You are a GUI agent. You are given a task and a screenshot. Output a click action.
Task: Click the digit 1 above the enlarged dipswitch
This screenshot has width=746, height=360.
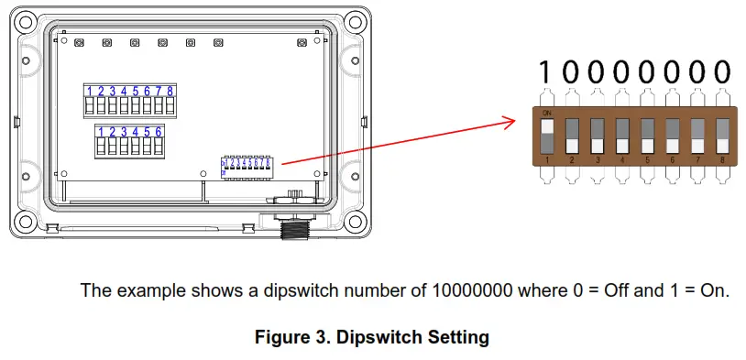pyautogui.click(x=546, y=72)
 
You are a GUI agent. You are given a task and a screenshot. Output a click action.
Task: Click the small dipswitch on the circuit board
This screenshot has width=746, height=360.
pyautogui.click(x=247, y=166)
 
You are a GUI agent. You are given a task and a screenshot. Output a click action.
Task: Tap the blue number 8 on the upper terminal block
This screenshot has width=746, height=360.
pyautogui.click(x=170, y=91)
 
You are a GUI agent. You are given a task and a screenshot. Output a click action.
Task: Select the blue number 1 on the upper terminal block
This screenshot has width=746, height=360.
pyautogui.click(x=90, y=91)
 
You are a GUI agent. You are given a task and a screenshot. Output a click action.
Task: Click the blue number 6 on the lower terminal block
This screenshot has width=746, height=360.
pyautogui.click(x=159, y=132)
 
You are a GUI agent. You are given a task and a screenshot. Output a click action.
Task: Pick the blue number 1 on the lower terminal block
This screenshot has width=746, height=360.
pyautogui.click(x=101, y=132)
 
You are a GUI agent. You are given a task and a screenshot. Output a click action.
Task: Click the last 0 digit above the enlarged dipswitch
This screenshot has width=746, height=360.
pyautogui.click(x=723, y=72)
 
